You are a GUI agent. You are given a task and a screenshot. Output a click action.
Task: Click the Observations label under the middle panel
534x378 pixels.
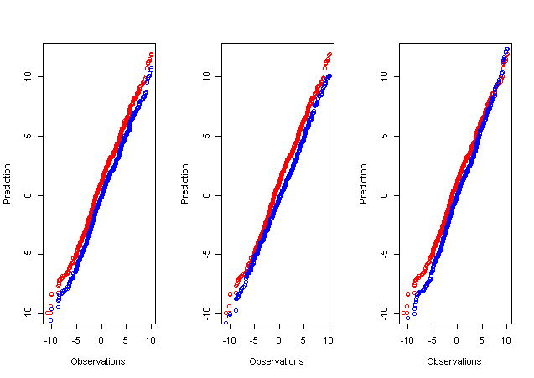[278, 361]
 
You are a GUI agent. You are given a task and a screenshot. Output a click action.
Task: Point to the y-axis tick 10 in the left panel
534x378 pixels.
[29, 76]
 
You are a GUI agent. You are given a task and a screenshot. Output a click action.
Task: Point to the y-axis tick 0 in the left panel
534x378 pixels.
[29, 195]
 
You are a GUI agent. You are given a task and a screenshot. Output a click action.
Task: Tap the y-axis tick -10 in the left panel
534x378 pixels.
[29, 312]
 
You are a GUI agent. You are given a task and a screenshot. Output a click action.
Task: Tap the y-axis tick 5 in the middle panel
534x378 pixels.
[206, 136]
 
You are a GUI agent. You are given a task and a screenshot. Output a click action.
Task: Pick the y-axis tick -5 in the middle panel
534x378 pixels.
[206, 254]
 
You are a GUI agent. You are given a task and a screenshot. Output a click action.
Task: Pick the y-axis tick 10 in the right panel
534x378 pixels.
[384, 76]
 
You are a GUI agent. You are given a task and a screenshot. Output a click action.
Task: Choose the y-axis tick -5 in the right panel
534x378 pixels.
[384, 254]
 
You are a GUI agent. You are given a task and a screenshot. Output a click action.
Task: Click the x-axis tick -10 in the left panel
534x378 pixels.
[49, 340]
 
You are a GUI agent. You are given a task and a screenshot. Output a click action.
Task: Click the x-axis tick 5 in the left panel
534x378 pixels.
[126, 340]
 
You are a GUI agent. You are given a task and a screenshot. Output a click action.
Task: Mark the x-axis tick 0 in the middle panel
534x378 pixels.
[278, 340]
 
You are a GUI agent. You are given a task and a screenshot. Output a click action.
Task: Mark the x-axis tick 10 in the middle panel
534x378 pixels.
[329, 340]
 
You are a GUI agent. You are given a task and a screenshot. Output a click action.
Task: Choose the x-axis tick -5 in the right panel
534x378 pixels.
[431, 340]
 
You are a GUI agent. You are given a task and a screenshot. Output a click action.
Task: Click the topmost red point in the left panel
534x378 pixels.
[152, 54]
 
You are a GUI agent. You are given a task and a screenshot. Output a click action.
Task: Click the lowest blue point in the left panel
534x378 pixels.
[50, 320]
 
